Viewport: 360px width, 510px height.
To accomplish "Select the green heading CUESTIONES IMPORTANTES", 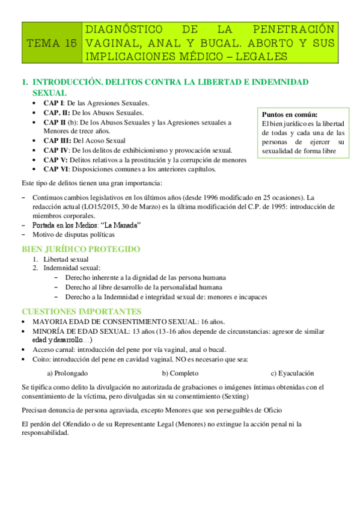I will tap(82, 312).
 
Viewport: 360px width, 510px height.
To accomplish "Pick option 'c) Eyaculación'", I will tap(293, 373).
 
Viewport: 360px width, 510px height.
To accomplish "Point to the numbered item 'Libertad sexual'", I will tap(66, 259).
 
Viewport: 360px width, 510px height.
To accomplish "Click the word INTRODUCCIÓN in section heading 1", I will tap(71, 81).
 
